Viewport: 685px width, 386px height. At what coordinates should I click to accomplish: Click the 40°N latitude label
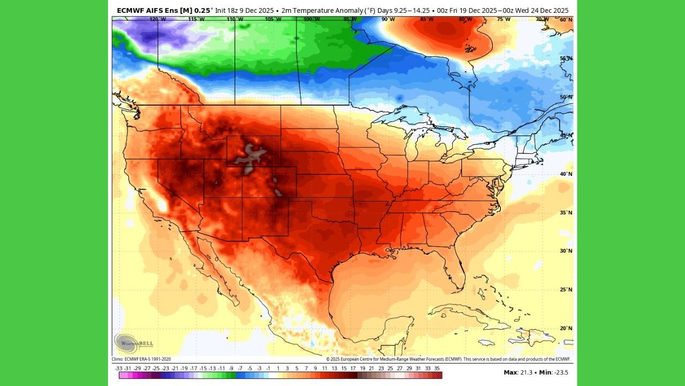(566, 174)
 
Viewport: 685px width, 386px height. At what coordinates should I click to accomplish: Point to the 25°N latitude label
(566, 289)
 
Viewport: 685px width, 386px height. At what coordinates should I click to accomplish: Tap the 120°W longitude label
(157, 19)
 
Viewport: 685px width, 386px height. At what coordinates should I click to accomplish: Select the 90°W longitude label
(388, 19)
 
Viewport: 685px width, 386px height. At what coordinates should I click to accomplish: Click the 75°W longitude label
(503, 19)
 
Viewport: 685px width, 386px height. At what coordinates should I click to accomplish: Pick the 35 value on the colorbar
(437, 368)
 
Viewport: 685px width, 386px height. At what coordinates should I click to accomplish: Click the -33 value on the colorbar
(119, 368)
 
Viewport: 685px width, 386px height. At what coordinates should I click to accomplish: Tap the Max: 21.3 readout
(517, 372)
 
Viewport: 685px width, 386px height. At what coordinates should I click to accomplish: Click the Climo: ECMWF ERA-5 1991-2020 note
(141, 359)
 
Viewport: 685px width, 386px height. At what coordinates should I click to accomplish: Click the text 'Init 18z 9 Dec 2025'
(249, 10)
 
